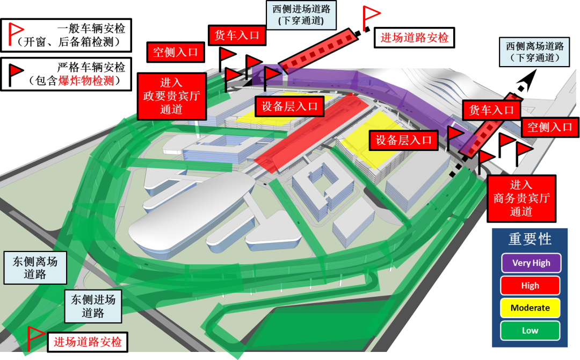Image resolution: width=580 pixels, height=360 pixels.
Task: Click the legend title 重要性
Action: [x=530, y=239]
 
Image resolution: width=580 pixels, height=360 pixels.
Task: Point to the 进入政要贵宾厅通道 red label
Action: [x=171, y=96]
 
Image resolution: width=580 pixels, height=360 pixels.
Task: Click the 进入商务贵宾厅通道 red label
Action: [x=521, y=198]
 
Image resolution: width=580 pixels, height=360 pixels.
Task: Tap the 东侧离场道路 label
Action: [x=35, y=268]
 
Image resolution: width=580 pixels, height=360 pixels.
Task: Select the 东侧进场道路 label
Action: [x=93, y=306]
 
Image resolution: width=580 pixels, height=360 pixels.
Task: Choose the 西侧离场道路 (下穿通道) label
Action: [x=534, y=52]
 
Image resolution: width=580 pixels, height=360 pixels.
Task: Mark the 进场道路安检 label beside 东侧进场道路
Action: [x=88, y=342]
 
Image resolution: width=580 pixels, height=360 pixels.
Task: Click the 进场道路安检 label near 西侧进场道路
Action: [x=414, y=38]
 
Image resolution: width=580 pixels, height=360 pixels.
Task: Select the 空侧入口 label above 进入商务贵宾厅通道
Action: [x=550, y=127]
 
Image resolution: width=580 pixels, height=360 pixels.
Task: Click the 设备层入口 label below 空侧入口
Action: [x=290, y=106]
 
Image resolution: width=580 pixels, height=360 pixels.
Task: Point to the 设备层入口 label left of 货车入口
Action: [x=403, y=140]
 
